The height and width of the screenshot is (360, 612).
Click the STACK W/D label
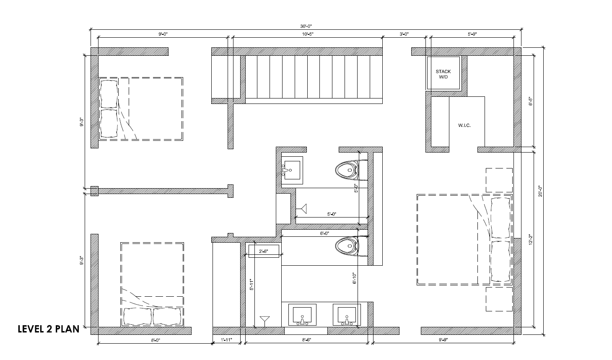click(x=443, y=74)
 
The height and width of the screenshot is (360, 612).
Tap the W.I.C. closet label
click(x=464, y=125)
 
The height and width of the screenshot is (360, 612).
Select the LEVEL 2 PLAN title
click(x=49, y=329)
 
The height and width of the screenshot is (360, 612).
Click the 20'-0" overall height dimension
click(x=540, y=191)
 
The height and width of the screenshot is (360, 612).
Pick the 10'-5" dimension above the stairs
click(x=307, y=34)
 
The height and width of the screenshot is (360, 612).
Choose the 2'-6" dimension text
click(x=263, y=251)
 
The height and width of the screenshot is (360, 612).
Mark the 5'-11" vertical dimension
click(x=252, y=285)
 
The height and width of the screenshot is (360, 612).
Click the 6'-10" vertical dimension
click(x=355, y=278)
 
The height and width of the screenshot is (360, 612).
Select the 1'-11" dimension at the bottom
click(x=227, y=340)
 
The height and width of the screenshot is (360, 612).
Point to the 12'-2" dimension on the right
click(x=530, y=240)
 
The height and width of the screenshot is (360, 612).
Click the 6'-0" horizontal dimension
click(x=324, y=233)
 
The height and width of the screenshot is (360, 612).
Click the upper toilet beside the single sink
click(x=347, y=170)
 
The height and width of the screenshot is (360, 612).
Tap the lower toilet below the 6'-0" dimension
click(x=347, y=246)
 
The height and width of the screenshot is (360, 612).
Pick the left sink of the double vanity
click(x=302, y=316)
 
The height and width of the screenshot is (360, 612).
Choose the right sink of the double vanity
click(x=347, y=316)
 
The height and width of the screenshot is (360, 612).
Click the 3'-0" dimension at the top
click(x=404, y=34)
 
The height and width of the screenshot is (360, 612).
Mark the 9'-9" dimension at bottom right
click(x=443, y=340)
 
